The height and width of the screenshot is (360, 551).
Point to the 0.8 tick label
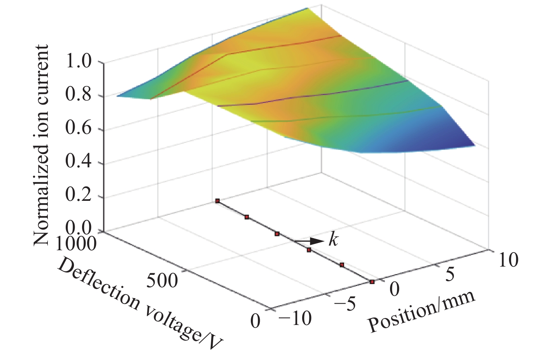(x=79, y=95)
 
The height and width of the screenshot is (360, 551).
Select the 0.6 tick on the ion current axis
(x=79, y=129)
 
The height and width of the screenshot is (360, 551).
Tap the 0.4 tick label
(x=79, y=162)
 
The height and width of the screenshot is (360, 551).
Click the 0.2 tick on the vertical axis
(x=79, y=196)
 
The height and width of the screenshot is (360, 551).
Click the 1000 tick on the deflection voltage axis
(x=75, y=244)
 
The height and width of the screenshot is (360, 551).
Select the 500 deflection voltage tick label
(x=162, y=279)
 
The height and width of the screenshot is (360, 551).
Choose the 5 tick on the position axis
(x=450, y=274)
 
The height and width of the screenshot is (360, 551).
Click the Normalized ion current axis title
(x=41, y=145)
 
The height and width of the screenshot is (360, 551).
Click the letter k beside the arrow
(x=333, y=240)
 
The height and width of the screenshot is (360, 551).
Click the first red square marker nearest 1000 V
(x=217, y=201)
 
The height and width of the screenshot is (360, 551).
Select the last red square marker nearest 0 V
(x=372, y=281)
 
